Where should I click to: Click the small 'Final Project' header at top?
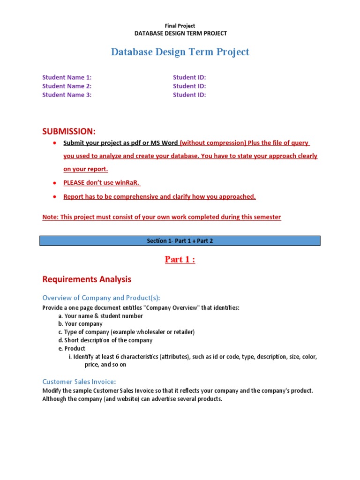pyautogui.click(x=180, y=26)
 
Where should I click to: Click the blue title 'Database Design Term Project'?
pyautogui.click(x=180, y=52)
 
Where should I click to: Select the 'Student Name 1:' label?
pyautogui.click(x=67, y=77)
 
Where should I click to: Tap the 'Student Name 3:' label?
pyautogui.click(x=67, y=95)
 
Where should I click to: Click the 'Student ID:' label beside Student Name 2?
pyautogui.click(x=189, y=86)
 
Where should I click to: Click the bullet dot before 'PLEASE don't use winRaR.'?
pyautogui.click(x=55, y=183)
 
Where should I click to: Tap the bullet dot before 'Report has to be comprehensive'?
pyautogui.click(x=55, y=197)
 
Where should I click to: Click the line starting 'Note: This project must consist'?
pyautogui.click(x=162, y=217)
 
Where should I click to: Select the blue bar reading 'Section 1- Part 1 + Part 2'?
pyautogui.click(x=180, y=241)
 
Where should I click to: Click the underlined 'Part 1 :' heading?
pyautogui.click(x=180, y=260)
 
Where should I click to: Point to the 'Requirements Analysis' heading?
pyautogui.click(x=87, y=279)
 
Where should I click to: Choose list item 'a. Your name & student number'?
pyautogui.click(x=100, y=316)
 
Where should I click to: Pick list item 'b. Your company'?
pyautogui.click(x=80, y=324)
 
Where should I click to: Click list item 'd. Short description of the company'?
pyautogui.click(x=105, y=340)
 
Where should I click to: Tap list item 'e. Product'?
pyautogui.click(x=72, y=348)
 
